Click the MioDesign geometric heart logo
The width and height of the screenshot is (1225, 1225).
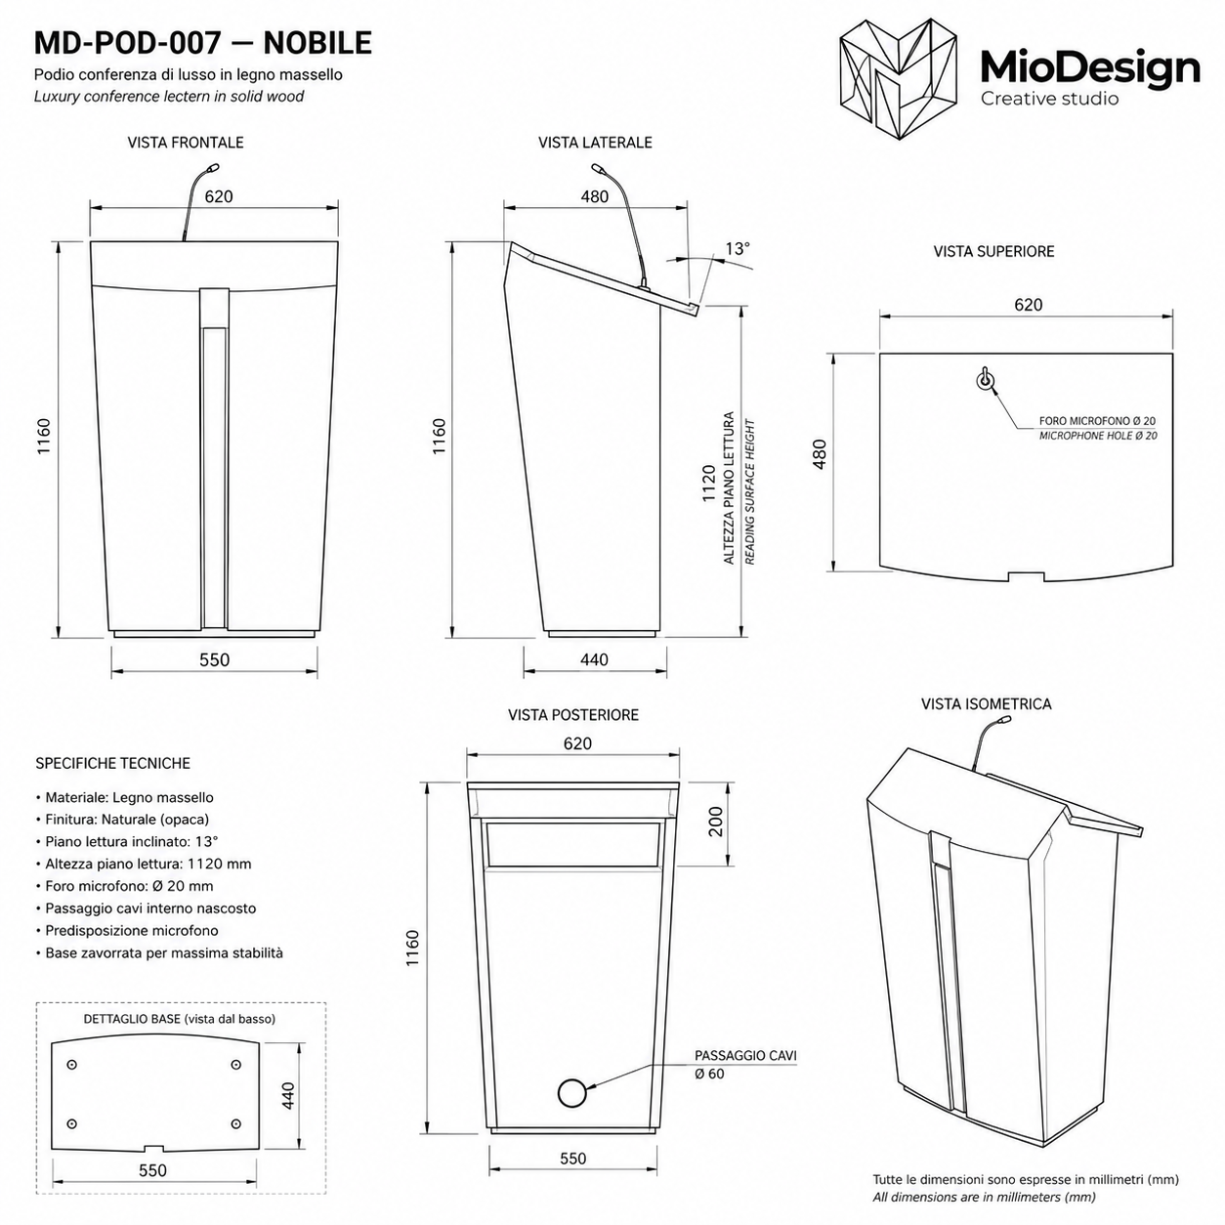(x=898, y=79)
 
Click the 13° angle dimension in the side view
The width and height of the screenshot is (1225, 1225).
(x=738, y=248)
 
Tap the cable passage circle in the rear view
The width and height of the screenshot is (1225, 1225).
(x=573, y=1093)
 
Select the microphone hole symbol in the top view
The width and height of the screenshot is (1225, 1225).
(x=985, y=379)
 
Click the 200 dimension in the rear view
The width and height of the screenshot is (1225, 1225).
(x=716, y=822)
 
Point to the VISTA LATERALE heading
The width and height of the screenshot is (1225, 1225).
(x=595, y=143)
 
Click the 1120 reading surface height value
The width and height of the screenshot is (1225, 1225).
(x=709, y=484)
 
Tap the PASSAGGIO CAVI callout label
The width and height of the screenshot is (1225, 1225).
(x=745, y=1055)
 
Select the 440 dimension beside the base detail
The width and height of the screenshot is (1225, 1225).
(x=288, y=1095)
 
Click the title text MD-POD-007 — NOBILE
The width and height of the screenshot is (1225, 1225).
(x=203, y=43)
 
